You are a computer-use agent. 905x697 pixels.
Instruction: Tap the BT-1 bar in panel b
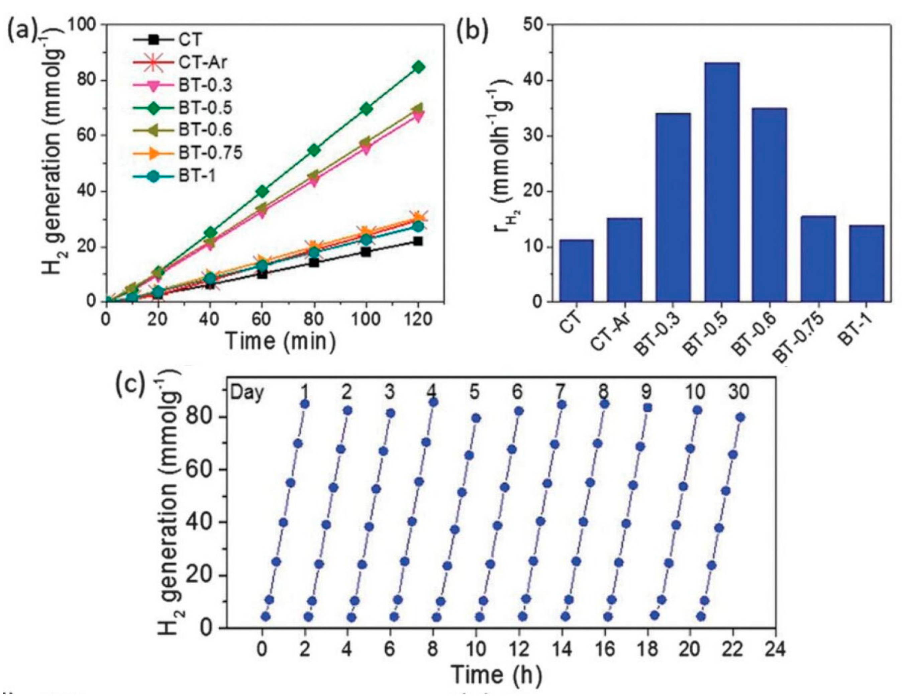pyautogui.click(x=867, y=264)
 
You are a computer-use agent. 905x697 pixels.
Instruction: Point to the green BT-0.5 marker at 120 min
pyautogui.click(x=418, y=67)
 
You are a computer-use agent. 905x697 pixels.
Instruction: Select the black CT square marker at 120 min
pyautogui.click(x=418, y=241)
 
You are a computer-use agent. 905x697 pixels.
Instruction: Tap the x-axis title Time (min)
pyautogui.click(x=281, y=341)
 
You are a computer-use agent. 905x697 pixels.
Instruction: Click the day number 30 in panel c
pyautogui.click(x=738, y=392)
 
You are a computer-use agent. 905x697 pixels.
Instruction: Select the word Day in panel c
pyautogui.click(x=247, y=392)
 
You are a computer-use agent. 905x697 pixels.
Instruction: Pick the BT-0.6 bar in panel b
pyautogui.click(x=770, y=205)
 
